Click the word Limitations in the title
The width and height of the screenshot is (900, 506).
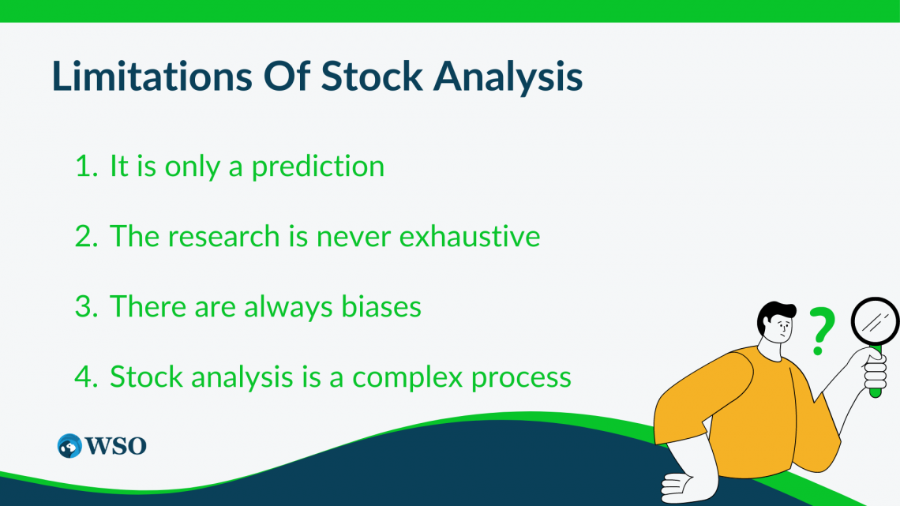[x=152, y=76]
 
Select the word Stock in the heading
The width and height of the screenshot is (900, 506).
[x=372, y=76]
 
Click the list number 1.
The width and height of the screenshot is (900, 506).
[x=86, y=166]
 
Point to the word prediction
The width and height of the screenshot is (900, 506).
[x=318, y=167]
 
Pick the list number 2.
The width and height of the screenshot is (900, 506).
[x=86, y=236]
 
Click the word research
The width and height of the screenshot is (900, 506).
[x=223, y=236]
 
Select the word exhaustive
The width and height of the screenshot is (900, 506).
[x=470, y=236]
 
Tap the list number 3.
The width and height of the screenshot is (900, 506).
[x=86, y=306]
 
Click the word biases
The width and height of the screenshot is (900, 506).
[x=381, y=306]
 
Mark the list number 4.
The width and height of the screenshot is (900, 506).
[x=86, y=377]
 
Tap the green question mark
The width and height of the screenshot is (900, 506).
[x=822, y=331]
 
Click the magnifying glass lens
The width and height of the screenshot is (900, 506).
[x=876, y=322]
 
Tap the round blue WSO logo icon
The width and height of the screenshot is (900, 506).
[x=69, y=446]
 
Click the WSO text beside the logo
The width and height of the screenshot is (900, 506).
[x=116, y=446]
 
